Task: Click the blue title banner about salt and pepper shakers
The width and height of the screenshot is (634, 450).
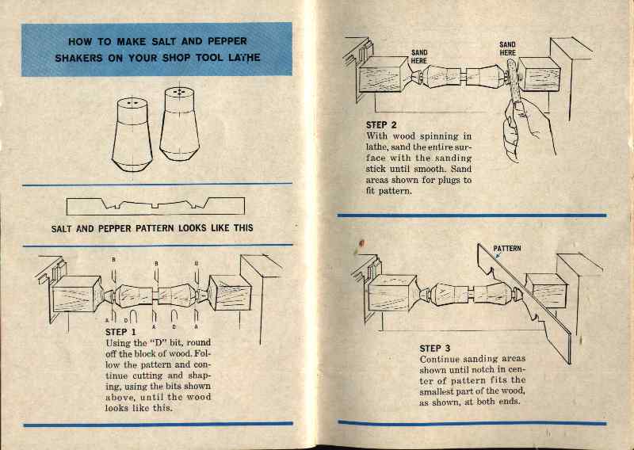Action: click(156, 49)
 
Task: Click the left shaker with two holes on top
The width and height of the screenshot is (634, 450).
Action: click(132, 134)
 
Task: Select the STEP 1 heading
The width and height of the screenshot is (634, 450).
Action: click(120, 331)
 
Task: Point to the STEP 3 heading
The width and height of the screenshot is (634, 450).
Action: click(435, 348)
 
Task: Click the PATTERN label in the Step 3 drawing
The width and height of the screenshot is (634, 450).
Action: click(507, 248)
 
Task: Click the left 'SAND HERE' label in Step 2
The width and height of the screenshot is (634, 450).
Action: click(419, 56)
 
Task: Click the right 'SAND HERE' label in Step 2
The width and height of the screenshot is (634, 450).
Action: click(507, 49)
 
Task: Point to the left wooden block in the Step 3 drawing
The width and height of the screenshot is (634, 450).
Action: click(388, 295)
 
